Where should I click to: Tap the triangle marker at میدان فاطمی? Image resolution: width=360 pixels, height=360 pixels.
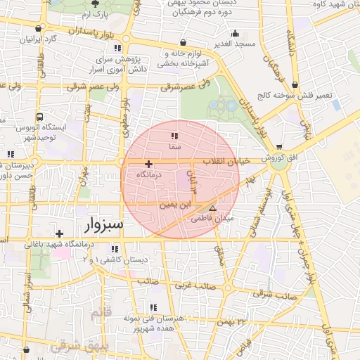coord(213,209)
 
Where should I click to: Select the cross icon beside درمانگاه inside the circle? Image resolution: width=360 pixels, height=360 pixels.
coord(148,163)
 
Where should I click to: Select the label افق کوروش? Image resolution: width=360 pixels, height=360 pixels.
coord(281,158)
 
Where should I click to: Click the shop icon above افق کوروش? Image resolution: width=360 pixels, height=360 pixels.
coord(280,146)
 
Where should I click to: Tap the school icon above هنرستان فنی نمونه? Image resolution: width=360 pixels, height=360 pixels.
coord(153,307)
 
